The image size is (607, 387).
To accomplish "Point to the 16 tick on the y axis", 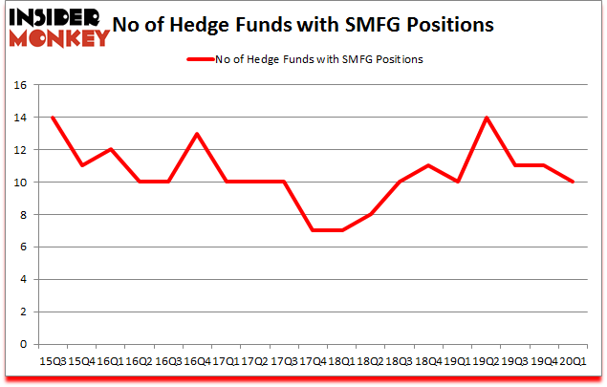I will (19, 85).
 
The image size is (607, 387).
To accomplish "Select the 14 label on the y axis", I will (19, 118).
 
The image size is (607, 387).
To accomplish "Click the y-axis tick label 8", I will (22, 215).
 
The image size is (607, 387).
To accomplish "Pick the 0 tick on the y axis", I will (22, 344).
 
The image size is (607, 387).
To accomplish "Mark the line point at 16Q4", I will (196, 134).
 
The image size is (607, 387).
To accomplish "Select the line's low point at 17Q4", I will (312, 230).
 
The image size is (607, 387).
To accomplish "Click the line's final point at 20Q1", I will (573, 182).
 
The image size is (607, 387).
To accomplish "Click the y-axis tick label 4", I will (22, 279).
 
